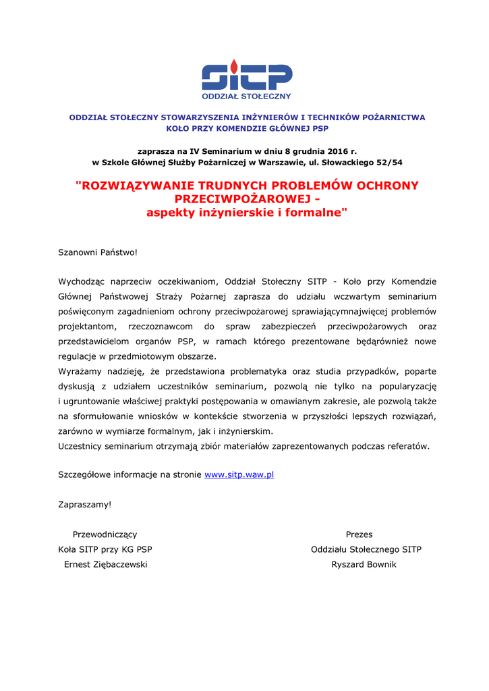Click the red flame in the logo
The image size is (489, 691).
(x=233, y=66)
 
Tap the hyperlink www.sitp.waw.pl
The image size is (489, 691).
(x=239, y=475)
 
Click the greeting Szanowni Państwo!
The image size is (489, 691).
(x=98, y=252)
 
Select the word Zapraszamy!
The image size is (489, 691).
(x=84, y=504)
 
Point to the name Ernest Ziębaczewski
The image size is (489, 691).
(x=105, y=564)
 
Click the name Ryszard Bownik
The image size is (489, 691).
(x=364, y=564)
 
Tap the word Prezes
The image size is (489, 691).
(x=359, y=534)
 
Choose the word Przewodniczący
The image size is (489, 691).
(x=105, y=534)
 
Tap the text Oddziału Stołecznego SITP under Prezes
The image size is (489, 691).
(x=366, y=549)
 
